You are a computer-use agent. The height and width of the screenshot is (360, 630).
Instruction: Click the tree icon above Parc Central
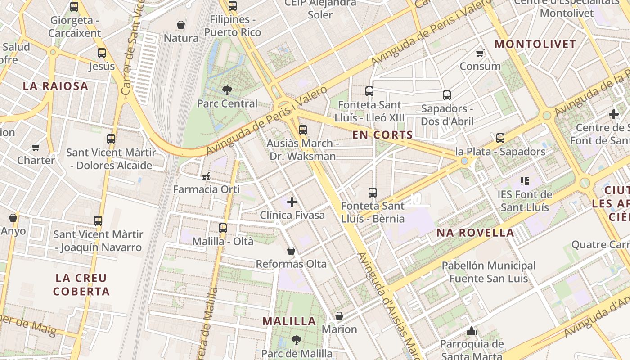227,90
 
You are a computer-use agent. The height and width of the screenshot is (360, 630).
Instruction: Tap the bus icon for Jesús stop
102,53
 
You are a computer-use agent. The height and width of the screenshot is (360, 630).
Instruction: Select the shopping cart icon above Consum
480,53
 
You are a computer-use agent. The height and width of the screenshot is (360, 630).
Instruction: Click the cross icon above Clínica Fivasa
292,202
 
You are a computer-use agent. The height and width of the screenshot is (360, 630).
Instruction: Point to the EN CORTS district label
382,135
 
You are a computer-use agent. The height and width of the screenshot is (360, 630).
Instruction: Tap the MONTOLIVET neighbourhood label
535,44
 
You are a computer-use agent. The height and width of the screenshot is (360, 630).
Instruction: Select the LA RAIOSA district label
55,86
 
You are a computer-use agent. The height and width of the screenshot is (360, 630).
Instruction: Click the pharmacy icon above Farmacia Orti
207,176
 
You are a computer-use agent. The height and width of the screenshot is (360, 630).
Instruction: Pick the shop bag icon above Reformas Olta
291,251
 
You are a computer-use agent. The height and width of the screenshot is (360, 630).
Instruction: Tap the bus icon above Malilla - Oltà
223,228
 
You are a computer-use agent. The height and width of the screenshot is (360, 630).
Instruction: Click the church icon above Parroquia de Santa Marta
472,331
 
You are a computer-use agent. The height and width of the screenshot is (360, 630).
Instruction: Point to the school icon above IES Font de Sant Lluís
524,181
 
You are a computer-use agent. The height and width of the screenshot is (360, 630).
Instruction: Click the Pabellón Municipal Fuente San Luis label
488,272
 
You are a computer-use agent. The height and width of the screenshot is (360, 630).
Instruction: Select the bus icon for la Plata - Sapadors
500,138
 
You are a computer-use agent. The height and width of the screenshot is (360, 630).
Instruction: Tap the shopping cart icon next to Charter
36,147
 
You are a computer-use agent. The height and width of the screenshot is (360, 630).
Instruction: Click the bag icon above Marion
339,316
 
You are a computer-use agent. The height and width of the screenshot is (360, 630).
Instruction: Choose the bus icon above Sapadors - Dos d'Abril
447,95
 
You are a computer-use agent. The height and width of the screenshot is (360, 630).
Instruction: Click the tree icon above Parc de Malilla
296,340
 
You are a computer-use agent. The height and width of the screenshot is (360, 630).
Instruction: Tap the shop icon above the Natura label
181,25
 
